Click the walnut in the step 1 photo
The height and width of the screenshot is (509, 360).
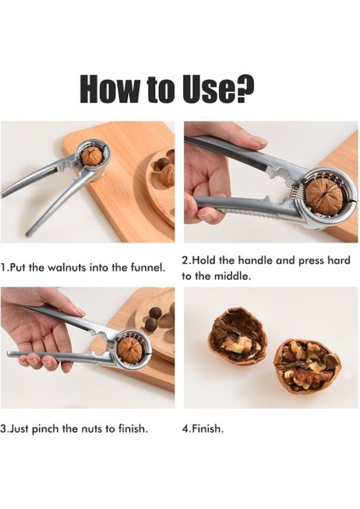pos(92,156)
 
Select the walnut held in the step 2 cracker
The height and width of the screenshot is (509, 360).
pos(323,195)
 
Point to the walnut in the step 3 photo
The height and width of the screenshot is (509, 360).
pos(131,349)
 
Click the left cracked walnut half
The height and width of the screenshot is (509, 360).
pos(237,336)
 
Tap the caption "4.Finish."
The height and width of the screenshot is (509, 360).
pos(203,428)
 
